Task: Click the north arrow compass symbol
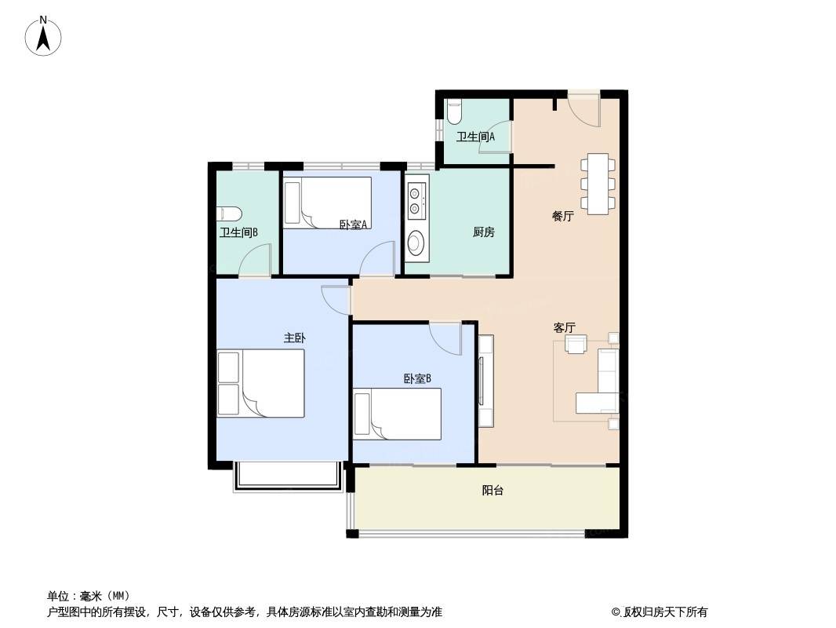click(x=43, y=36)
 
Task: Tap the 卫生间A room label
click(x=475, y=137)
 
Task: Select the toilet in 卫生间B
click(x=230, y=214)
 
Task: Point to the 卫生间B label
click(x=239, y=232)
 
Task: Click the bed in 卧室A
click(x=327, y=203)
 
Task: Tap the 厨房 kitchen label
click(x=484, y=232)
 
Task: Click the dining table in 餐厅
click(x=598, y=184)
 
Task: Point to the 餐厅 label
click(x=562, y=216)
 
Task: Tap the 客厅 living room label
click(x=564, y=327)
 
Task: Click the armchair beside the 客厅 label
click(x=576, y=344)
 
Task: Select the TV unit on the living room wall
click(x=485, y=381)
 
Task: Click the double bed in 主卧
click(x=260, y=383)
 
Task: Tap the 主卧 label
click(x=294, y=338)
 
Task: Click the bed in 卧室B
click(x=397, y=414)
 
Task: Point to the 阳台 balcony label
click(x=493, y=491)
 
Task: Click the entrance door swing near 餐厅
click(x=584, y=111)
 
